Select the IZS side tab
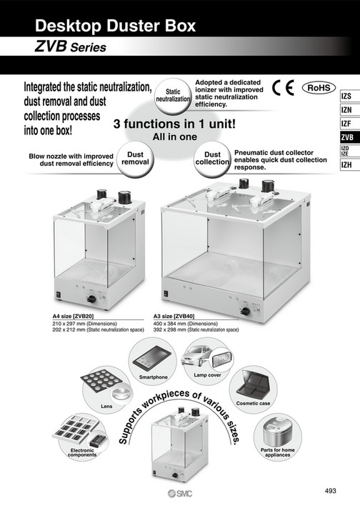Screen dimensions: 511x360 346,96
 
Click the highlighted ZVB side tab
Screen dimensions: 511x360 346,137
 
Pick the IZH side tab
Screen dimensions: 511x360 346,165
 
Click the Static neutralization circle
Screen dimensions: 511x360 173,96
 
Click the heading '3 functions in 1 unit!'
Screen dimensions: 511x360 174,124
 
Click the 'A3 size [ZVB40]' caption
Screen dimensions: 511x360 176,315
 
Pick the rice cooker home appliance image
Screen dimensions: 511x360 275,434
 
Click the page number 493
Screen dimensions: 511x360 330,490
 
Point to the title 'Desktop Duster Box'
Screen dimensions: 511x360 114,27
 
